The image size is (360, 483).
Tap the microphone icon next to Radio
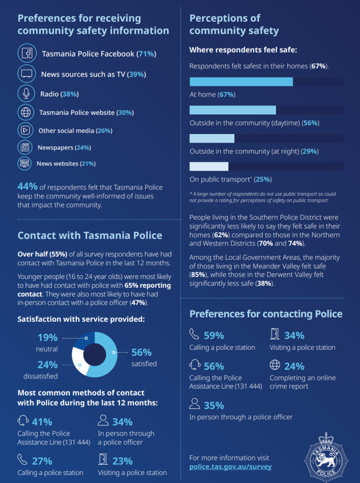(x=26, y=93)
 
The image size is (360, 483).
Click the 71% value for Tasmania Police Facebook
(x=146, y=54)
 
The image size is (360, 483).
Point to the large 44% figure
(x=28, y=186)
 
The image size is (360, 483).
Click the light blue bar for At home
(x=241, y=82)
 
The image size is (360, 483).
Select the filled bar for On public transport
(x=209, y=166)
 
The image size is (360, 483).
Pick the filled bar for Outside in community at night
(x=211, y=138)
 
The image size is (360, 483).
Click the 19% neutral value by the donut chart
(x=47, y=338)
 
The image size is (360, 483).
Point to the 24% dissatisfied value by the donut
(x=47, y=365)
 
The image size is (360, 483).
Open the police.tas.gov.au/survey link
(x=230, y=467)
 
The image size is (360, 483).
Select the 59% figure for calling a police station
(x=213, y=335)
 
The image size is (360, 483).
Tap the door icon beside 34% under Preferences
(x=275, y=334)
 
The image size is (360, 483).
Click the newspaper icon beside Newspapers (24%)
(x=25, y=147)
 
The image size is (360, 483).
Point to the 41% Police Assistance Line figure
(x=42, y=422)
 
